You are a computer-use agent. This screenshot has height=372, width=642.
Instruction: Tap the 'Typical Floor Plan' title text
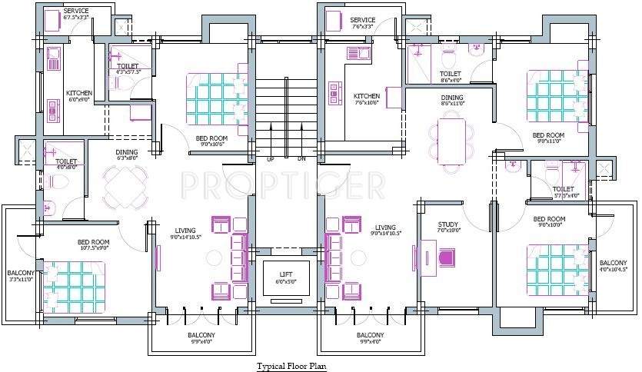[291, 366]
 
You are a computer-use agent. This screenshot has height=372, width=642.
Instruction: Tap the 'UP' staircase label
[270, 159]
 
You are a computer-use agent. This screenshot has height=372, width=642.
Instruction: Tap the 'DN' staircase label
[301, 159]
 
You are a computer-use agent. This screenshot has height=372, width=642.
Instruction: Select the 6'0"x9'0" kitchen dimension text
[79, 99]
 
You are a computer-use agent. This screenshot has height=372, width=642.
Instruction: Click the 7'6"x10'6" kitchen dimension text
[368, 103]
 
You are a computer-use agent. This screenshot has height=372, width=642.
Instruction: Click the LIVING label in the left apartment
[185, 230]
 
